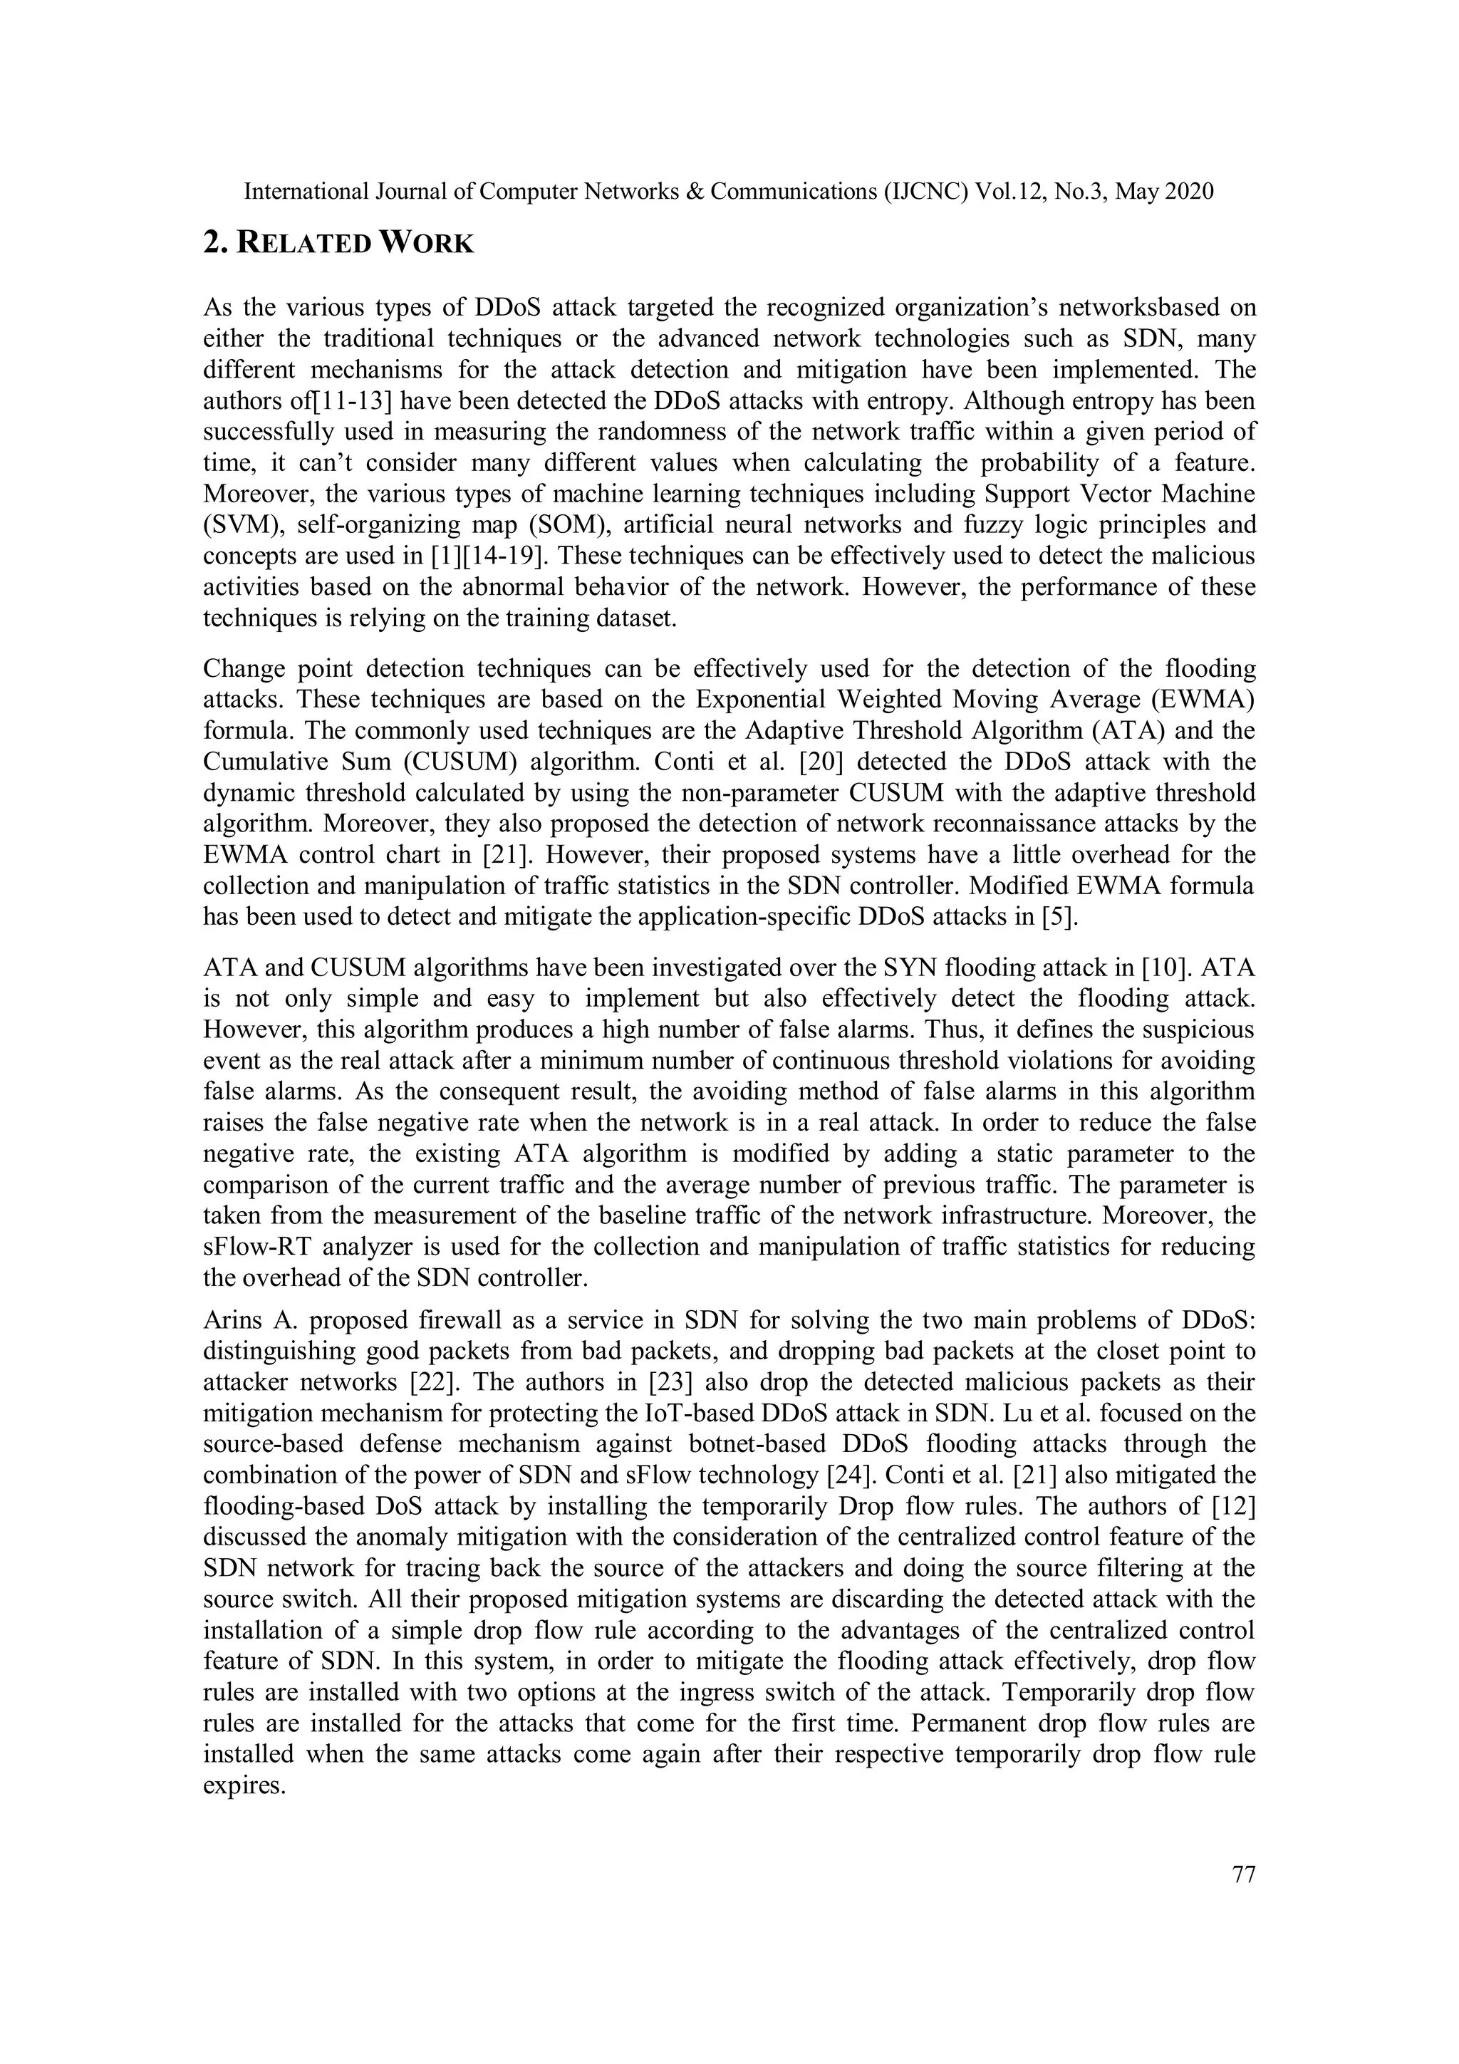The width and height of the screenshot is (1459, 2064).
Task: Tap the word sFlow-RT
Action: point(261,1248)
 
